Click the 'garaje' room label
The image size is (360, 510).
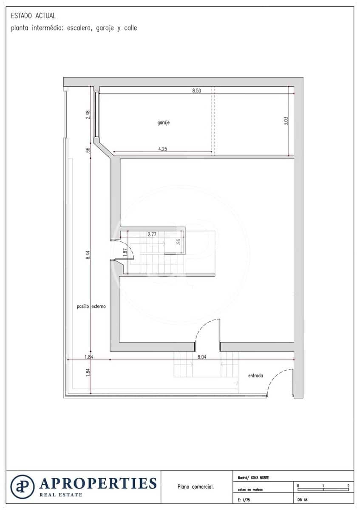164,123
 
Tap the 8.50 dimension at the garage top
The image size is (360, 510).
196,91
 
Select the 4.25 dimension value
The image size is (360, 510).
163,149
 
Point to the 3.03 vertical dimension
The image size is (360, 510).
286,121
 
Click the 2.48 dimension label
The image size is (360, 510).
88,115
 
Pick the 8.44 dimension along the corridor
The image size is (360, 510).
88,255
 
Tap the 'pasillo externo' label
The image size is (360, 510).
91,306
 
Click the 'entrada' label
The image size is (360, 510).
255,376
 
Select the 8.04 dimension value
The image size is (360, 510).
202,357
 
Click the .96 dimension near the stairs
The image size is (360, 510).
179,242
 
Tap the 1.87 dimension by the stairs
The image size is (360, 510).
125,252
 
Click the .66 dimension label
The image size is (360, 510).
88,150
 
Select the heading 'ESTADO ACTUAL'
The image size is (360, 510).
33,16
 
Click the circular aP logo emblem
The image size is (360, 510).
23,487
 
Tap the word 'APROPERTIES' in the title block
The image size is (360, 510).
98,483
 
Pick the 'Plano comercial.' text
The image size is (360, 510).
196,487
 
